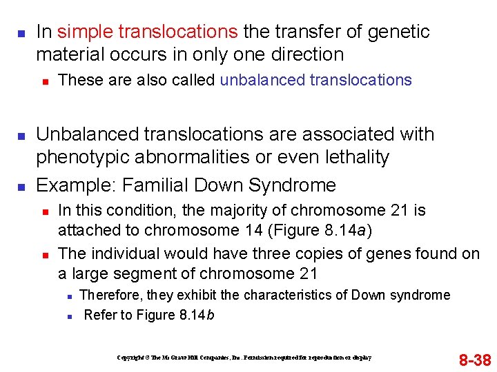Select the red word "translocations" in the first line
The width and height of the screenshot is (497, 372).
point(177,32)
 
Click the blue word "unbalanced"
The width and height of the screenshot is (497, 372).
point(262,81)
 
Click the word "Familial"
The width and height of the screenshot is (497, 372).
point(153,185)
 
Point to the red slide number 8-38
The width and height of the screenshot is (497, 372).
point(474,360)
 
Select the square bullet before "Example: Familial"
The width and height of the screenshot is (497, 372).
point(21,186)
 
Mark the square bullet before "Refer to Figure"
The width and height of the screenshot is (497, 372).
point(70,316)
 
